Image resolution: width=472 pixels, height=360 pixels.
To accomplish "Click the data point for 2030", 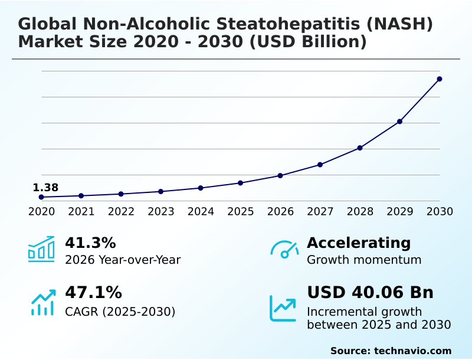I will pyautogui.click(x=440, y=79).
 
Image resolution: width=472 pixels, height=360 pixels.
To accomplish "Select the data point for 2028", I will pyautogui.click(x=360, y=148).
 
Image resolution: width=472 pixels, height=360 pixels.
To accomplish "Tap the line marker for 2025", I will pyautogui.click(x=240, y=183).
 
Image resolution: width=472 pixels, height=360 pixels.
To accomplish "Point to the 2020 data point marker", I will pyautogui.click(x=41, y=197).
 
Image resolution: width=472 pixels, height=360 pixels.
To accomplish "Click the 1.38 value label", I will pyautogui.click(x=45, y=188).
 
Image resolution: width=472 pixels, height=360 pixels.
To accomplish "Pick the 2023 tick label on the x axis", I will pyautogui.click(x=161, y=211).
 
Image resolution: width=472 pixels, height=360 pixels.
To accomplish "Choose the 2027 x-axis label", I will pyautogui.click(x=320, y=211).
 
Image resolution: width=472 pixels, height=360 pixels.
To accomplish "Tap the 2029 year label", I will pyautogui.click(x=400, y=211).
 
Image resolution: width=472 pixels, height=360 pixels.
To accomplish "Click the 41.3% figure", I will pyautogui.click(x=90, y=243).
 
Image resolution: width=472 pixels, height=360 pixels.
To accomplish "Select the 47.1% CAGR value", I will pyautogui.click(x=93, y=293).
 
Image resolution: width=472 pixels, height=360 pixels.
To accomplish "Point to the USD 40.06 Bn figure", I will pyautogui.click(x=370, y=293).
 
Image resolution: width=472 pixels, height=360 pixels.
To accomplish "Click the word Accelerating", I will pyautogui.click(x=359, y=243).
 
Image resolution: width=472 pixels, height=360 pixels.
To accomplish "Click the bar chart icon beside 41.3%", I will pyautogui.click(x=41, y=249).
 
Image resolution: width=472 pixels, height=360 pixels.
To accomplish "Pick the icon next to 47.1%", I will pyautogui.click(x=42, y=302).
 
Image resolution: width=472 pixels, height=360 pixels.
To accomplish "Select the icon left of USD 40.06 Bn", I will pyautogui.click(x=283, y=308).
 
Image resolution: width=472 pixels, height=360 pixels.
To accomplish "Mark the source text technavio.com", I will pyautogui.click(x=412, y=351).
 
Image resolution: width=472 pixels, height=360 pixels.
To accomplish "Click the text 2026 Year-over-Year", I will pyautogui.click(x=123, y=260).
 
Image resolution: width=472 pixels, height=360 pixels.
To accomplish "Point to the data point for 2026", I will pyautogui.click(x=280, y=176).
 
